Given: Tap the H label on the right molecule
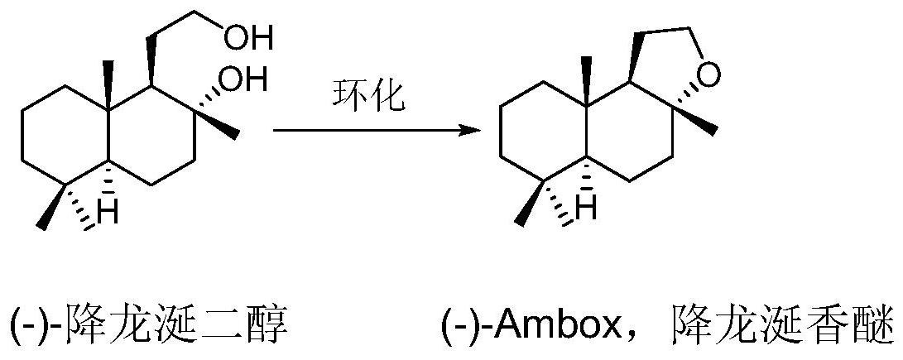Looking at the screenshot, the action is [585, 208].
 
